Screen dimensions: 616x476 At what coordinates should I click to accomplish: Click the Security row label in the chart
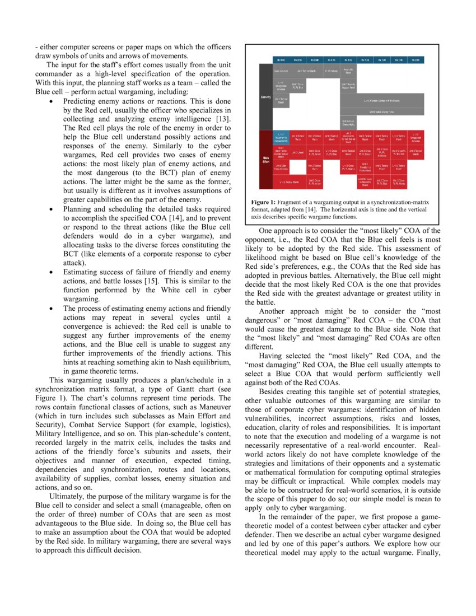266,97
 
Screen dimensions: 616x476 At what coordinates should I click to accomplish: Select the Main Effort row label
266,160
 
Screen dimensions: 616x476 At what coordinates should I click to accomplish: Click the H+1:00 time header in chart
348,59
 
